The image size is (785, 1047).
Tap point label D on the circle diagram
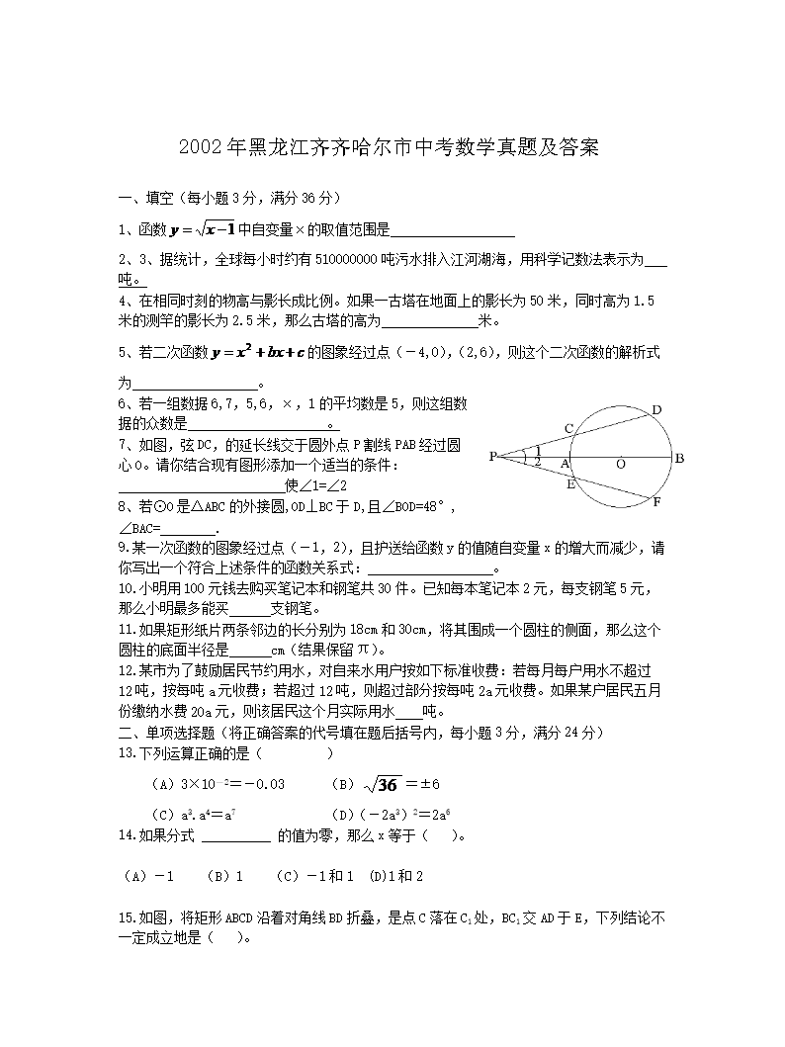[655, 410]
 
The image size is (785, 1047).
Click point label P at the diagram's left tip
[492, 457]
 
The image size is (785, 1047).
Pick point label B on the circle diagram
[679, 459]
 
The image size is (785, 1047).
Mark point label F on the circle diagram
[656, 502]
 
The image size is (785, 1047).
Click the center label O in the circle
[620, 463]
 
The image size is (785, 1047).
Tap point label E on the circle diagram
[570, 484]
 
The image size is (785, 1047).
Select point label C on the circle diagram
[568, 428]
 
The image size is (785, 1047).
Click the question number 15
[127, 917]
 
